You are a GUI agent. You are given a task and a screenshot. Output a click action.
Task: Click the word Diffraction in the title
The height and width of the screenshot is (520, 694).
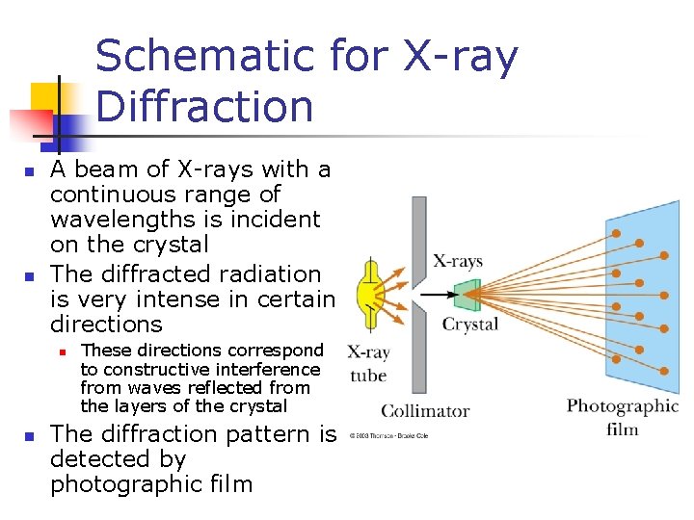[204, 107]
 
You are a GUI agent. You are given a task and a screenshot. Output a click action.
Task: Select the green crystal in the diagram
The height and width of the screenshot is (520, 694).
[467, 295]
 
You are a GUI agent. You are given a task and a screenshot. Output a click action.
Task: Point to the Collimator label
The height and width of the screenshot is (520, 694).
[425, 411]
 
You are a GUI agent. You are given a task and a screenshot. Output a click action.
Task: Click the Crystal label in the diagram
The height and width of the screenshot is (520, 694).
[470, 325]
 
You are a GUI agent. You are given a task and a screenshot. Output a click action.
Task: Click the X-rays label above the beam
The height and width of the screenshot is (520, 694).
[458, 261]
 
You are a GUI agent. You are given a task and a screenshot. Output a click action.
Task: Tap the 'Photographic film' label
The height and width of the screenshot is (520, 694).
[623, 416]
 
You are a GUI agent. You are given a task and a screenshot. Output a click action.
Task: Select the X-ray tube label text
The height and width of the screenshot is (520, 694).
[368, 364]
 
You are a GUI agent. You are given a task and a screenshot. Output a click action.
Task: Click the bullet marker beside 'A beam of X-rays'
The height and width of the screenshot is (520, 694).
[30, 172]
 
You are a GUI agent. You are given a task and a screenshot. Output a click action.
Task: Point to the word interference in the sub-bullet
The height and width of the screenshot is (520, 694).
[273, 370]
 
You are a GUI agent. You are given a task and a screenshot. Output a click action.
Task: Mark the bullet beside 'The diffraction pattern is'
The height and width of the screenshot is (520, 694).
[30, 437]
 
